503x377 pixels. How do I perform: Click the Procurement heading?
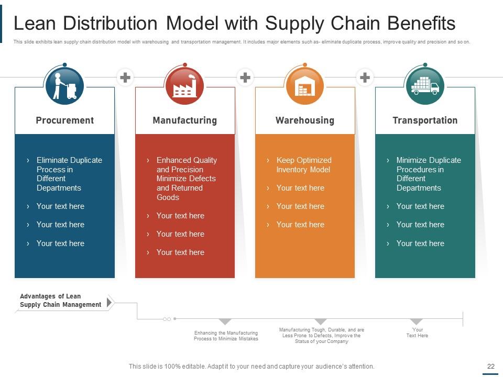64,120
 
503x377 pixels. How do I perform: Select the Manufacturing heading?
184,120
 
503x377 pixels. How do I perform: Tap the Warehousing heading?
304,120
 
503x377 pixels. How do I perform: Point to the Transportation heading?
425,120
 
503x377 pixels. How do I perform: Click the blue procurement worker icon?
65,85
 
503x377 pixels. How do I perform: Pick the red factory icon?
184,85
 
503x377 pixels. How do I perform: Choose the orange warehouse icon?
304,85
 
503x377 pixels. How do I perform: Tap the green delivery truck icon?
424,85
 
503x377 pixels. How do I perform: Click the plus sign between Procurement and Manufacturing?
125,78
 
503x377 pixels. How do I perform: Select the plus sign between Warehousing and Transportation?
365,78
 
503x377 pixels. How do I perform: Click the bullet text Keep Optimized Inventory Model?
304,165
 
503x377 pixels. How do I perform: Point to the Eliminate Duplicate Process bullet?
69,174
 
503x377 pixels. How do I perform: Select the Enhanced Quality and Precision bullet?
187,179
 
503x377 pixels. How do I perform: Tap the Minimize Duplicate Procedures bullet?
428,174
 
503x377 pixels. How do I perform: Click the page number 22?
491,367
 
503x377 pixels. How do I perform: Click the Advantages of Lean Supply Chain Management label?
60,301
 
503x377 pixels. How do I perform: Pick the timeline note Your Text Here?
417,332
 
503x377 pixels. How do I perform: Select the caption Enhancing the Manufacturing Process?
226,336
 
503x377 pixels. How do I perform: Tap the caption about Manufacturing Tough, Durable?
321,336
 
